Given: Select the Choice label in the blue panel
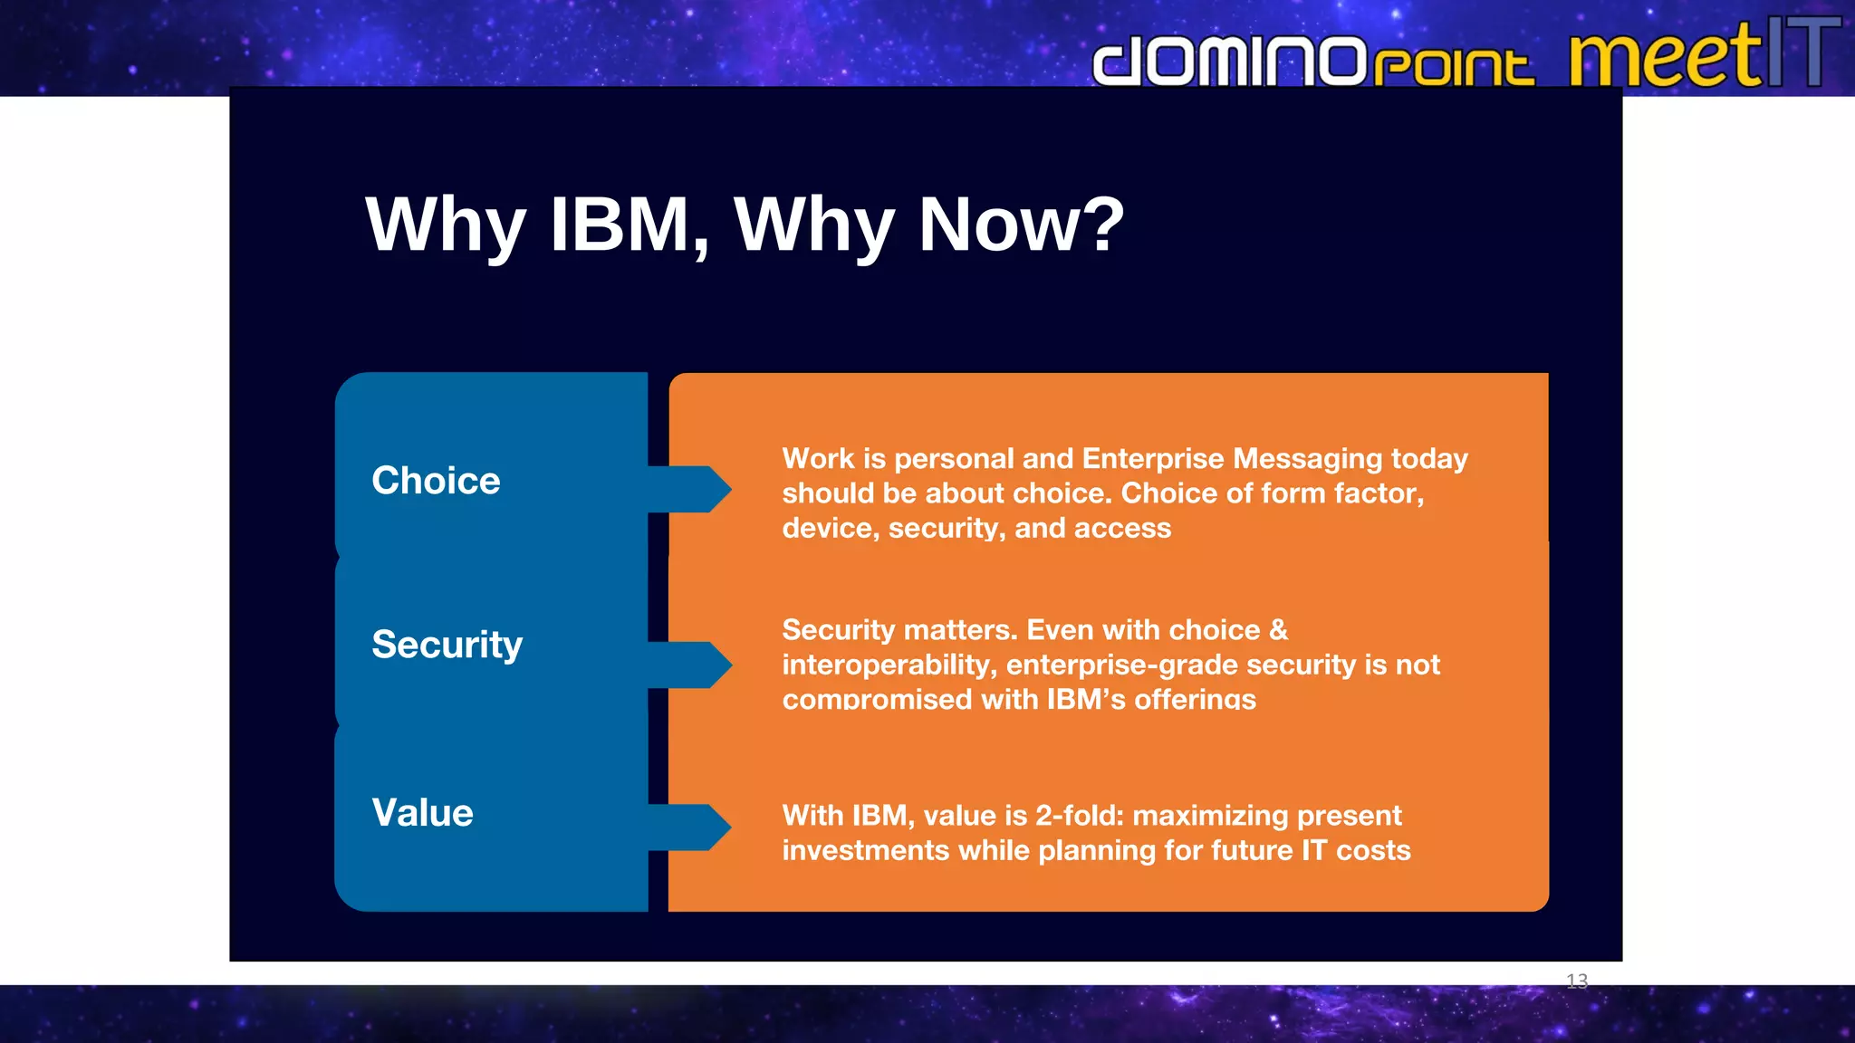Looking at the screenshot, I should click(x=436, y=481).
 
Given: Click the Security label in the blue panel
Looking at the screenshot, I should click(x=447, y=645).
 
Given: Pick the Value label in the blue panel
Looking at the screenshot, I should click(x=422, y=813).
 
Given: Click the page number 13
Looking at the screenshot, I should click(x=1576, y=981).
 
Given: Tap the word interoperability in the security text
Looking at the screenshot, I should click(x=889, y=665).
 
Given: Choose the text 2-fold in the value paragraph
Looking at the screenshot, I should click(x=1078, y=816).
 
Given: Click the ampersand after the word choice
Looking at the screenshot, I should click(x=1278, y=630).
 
